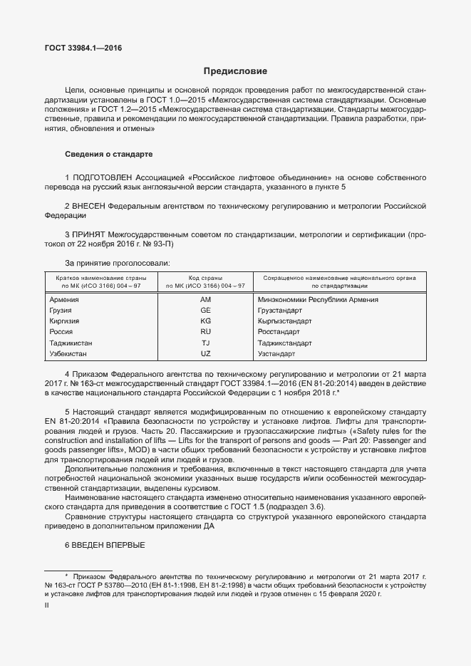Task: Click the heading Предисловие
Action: click(x=235, y=71)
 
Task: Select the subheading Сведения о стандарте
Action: click(x=108, y=155)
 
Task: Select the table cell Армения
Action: click(x=64, y=300)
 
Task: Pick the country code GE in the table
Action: click(x=206, y=311)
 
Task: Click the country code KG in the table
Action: click(x=206, y=321)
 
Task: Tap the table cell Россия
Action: click(x=61, y=332)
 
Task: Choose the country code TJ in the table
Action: click(x=206, y=343)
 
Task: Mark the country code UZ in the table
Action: click(x=206, y=353)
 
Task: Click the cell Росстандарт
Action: click(x=279, y=332)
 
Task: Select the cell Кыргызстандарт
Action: click(x=284, y=321)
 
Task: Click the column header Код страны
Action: click(x=205, y=277)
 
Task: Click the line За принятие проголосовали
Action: click(x=117, y=263)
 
